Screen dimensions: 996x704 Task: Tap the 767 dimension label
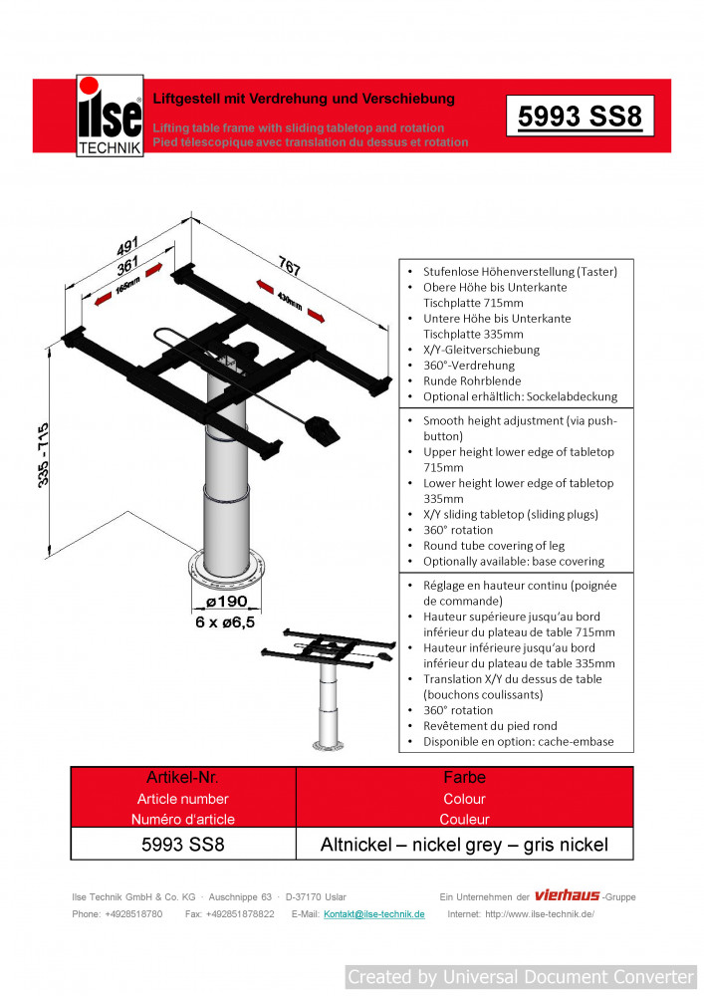289,267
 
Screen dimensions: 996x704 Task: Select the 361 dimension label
127,268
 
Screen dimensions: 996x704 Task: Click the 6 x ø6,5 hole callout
225,622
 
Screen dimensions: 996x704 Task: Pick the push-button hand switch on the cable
324,429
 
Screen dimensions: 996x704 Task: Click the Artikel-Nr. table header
183,777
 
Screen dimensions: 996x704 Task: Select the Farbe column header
464,777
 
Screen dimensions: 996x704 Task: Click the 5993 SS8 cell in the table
183,845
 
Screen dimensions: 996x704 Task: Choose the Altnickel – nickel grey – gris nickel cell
464,845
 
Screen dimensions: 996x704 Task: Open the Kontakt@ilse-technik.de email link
374,914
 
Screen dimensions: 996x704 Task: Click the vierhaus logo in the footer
567,895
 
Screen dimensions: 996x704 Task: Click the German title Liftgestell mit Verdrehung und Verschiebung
304,99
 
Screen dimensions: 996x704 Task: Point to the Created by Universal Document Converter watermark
521,977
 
